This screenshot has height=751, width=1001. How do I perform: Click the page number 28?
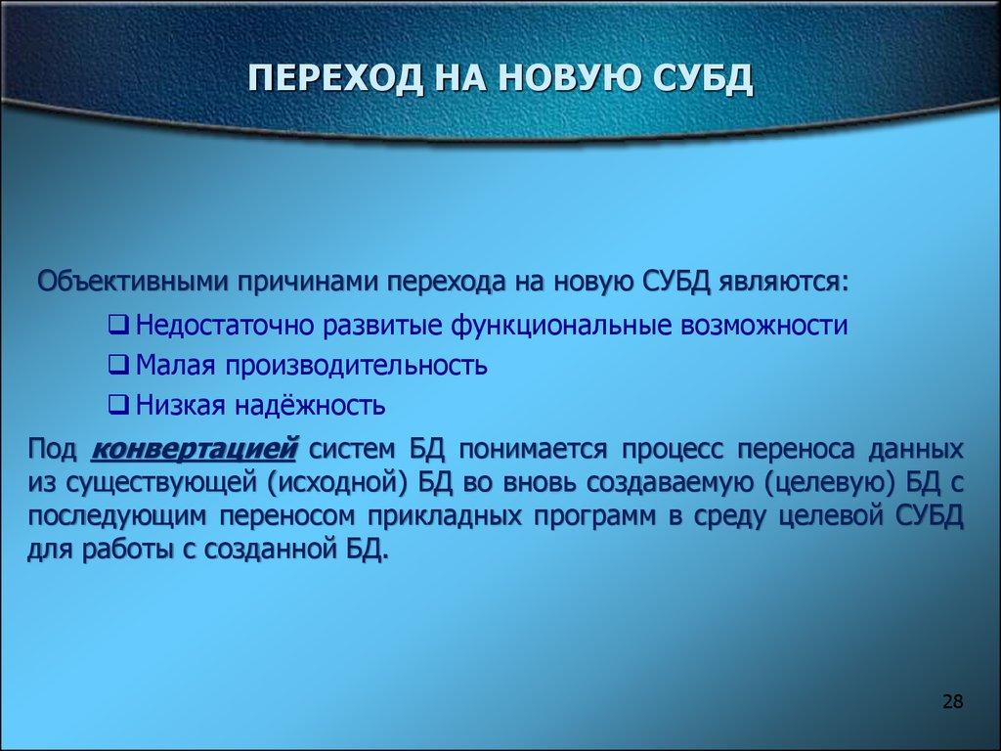point(953,702)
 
